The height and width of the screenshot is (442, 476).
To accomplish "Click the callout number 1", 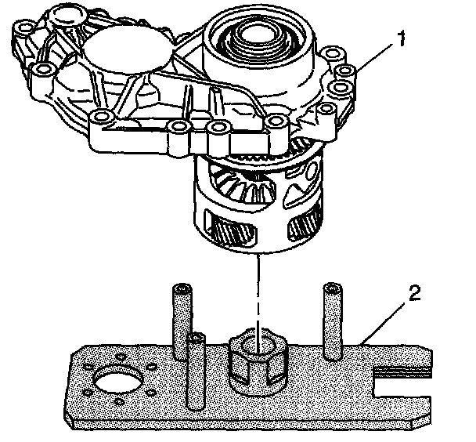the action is pyautogui.click(x=401, y=39).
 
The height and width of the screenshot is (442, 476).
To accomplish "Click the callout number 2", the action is pyautogui.click(x=414, y=293).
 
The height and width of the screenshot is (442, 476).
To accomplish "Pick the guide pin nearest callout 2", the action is pyautogui.click(x=333, y=322).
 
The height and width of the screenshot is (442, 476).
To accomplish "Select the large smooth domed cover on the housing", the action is pyautogui.click(x=128, y=50).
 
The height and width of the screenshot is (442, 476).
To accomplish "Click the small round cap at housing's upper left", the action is pyautogui.click(x=66, y=14).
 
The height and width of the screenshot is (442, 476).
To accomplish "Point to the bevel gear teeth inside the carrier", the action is pyautogui.click(x=247, y=185).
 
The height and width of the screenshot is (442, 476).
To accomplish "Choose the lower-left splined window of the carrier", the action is pyautogui.click(x=231, y=224).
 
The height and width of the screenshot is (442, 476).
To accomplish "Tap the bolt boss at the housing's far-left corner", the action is pyautogui.click(x=25, y=28).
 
